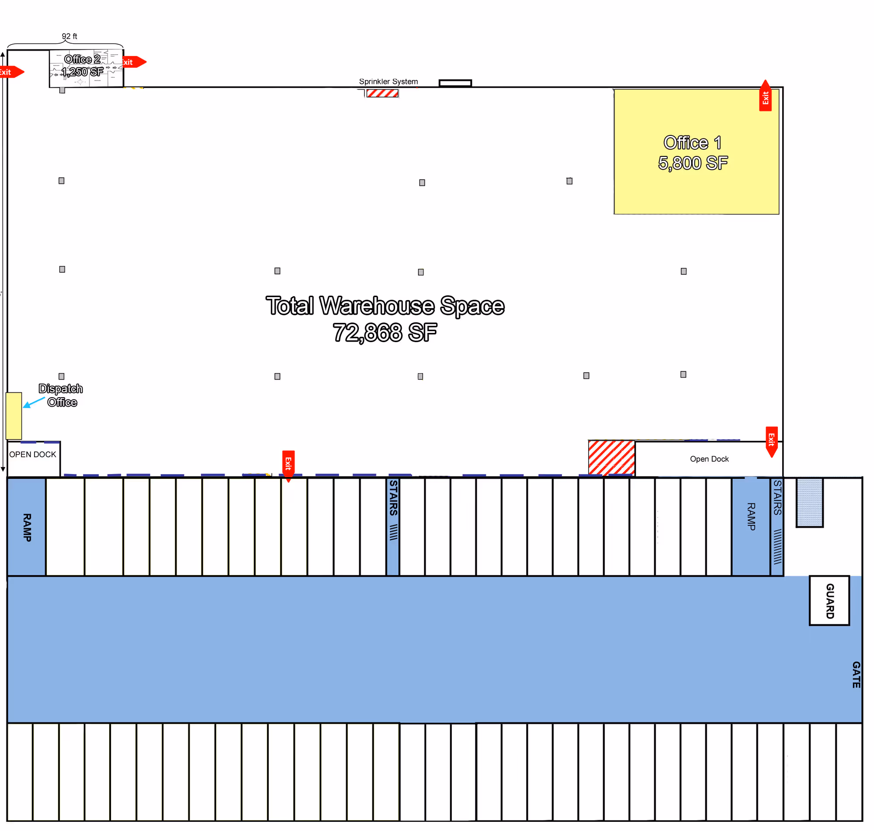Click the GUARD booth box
829,600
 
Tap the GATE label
856,674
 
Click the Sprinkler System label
388,82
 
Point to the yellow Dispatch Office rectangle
14,415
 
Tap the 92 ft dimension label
69,36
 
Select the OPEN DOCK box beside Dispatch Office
33,458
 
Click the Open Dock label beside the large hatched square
709,459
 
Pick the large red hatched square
611,457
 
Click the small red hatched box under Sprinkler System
382,93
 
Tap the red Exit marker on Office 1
765,96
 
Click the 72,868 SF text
385,332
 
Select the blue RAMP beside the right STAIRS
750,526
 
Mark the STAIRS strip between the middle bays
392,526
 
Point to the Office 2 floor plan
86,68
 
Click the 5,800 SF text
692,163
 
